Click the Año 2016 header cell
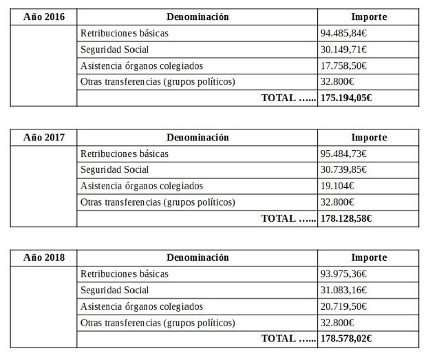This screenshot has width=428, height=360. pyautogui.click(x=43, y=17)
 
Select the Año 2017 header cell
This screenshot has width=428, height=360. pyautogui.click(x=43, y=138)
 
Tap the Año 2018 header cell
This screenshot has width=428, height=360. pyautogui.click(x=43, y=258)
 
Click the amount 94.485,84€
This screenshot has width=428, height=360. pyautogui.click(x=343, y=33)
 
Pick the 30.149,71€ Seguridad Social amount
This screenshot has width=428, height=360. pyautogui.click(x=343, y=50)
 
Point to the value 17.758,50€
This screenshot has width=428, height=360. pyautogui.click(x=343, y=66)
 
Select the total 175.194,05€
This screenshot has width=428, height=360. pyautogui.click(x=347, y=98)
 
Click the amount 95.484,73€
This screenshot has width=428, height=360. pyautogui.click(x=343, y=153)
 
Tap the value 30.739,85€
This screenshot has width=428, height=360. pyautogui.click(x=343, y=170)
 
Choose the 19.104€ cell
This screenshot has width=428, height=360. pyautogui.click(x=337, y=186)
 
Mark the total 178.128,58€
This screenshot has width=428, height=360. pyautogui.click(x=347, y=219)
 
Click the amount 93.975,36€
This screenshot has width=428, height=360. pyautogui.click(x=343, y=274)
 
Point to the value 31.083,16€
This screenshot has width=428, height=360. pyautogui.click(x=343, y=290)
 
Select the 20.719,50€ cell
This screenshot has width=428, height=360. pyautogui.click(x=343, y=306)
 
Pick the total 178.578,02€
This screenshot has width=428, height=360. pyautogui.click(x=347, y=339)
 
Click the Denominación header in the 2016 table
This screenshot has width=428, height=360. pyautogui.click(x=197, y=17)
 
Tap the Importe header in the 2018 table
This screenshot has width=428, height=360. pyautogui.click(x=370, y=258)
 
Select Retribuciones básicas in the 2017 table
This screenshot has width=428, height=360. pyautogui.click(x=125, y=153)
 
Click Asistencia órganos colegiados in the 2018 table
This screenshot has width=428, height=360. pyautogui.click(x=142, y=306)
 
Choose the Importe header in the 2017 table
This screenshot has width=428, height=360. pyautogui.click(x=370, y=138)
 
